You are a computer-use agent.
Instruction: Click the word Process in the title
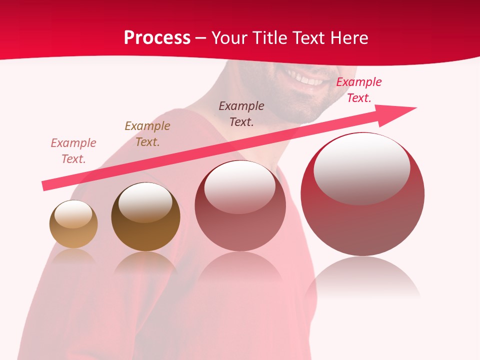[x=157, y=38]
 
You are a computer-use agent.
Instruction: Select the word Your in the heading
[x=229, y=38]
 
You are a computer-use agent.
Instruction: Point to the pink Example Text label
[x=73, y=150]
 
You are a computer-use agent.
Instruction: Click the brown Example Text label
[x=147, y=133]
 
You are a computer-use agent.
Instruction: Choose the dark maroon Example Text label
[x=241, y=113]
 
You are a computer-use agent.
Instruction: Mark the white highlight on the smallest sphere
[x=73, y=214]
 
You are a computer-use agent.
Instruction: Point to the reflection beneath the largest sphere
[x=362, y=277]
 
